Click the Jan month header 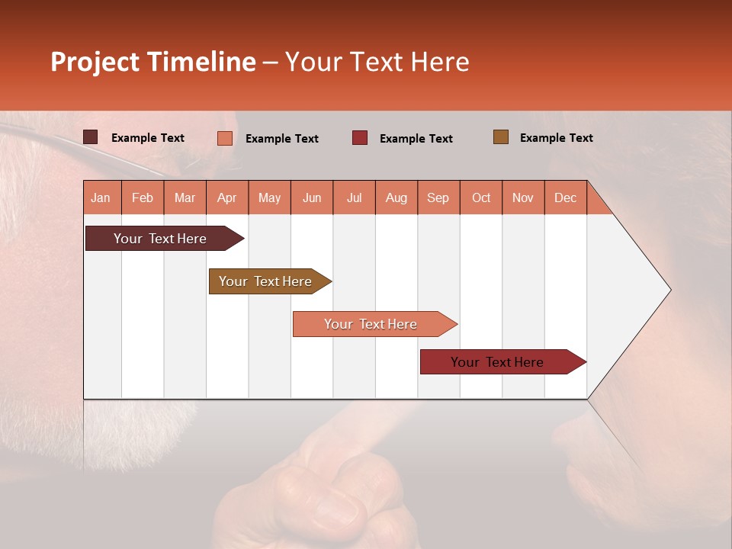click(x=101, y=197)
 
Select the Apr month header click(x=226, y=197)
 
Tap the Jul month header click(x=354, y=197)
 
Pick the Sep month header click(x=438, y=197)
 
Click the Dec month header click(x=565, y=197)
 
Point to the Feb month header click(x=143, y=197)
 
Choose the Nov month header click(x=522, y=197)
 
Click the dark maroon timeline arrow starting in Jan click(x=160, y=239)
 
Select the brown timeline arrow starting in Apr click(x=265, y=281)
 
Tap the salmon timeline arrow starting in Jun click(x=371, y=324)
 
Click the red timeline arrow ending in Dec click(x=497, y=362)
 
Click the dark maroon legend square click(x=90, y=137)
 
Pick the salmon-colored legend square click(x=224, y=138)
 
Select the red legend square click(x=359, y=137)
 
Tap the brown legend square click(x=500, y=136)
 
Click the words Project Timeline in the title click(x=152, y=62)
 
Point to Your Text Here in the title click(x=377, y=62)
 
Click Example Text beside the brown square click(x=556, y=137)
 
